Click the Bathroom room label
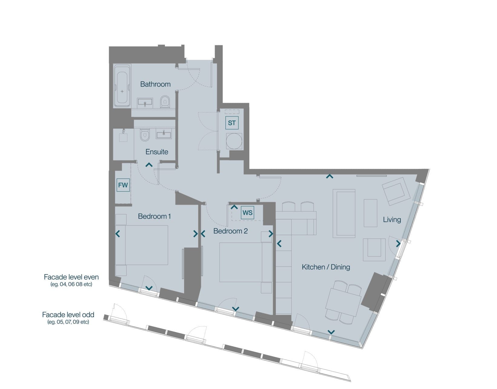pos(155,84)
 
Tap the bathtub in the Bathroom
pos(122,86)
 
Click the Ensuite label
pos(157,151)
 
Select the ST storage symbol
pos(232,123)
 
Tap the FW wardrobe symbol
pos(123,185)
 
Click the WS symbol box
pos(247,213)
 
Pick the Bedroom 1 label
pos(154,216)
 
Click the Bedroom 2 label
pos(230,231)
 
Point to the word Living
pos(392,220)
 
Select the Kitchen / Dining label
pos(326,267)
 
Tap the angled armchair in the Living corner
pos(396,191)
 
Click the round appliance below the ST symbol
pos(234,141)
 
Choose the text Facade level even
pos(71,277)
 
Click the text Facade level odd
pos(68,315)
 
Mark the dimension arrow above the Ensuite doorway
pos(149,165)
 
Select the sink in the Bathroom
pos(144,103)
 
